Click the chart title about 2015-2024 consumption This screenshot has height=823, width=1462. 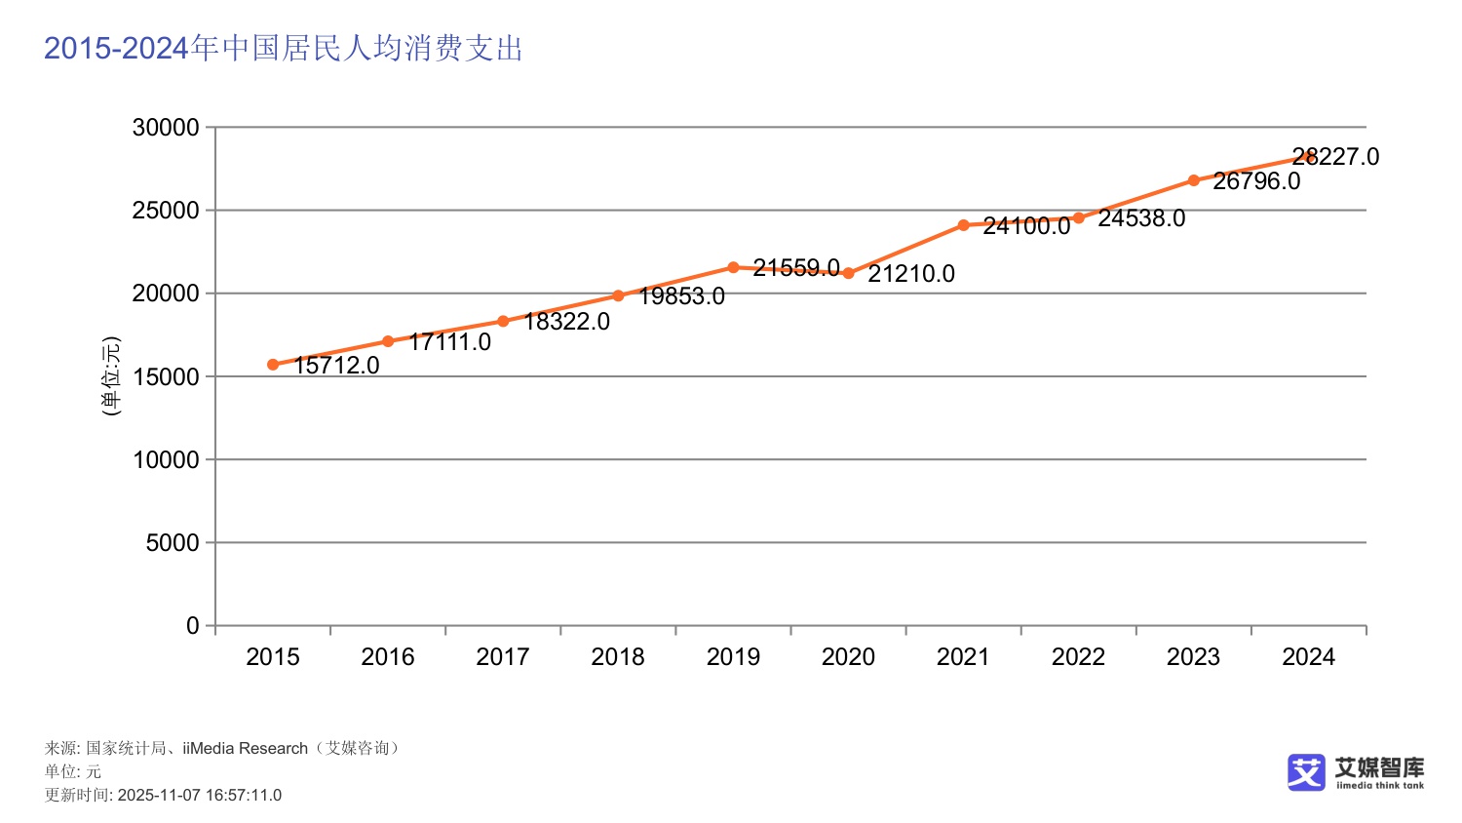click(x=284, y=48)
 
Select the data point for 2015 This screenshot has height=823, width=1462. click(x=273, y=365)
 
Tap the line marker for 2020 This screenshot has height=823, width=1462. click(x=848, y=274)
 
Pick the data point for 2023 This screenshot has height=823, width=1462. click(x=1193, y=180)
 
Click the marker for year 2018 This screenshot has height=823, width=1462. click(x=618, y=295)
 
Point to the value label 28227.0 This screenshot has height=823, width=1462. click(x=1335, y=157)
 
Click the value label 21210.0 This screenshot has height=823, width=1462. click(x=911, y=274)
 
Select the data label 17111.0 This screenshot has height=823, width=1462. click(x=449, y=342)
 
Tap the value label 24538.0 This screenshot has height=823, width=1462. click(x=1141, y=218)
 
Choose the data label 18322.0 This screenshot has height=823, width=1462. click(x=566, y=322)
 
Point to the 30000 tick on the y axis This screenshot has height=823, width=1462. click(x=166, y=128)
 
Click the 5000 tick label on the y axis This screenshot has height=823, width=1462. click(x=173, y=543)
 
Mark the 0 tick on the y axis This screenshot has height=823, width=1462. click(x=193, y=626)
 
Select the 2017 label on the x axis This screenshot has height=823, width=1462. click(x=503, y=657)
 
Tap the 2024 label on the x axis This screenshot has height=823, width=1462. click(x=1308, y=657)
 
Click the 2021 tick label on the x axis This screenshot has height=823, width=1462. click(x=963, y=657)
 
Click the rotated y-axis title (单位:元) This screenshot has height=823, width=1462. click(x=111, y=376)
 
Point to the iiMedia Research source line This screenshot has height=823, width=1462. click(x=222, y=748)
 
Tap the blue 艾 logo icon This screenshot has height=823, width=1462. click(x=1306, y=772)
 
